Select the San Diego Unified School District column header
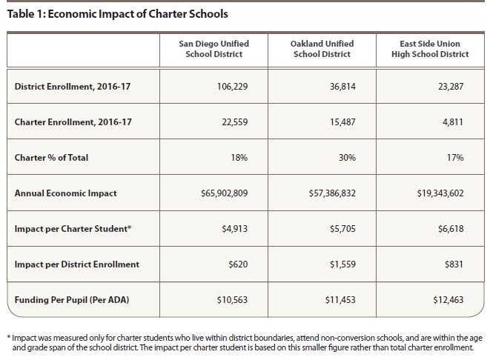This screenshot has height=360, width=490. coord(213,49)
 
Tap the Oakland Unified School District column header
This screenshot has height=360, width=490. coord(322,49)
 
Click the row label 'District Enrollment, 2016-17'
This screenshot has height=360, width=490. coord(73,87)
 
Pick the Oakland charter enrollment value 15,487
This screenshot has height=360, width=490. coord(342,122)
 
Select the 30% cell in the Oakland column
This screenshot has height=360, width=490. coord(347,158)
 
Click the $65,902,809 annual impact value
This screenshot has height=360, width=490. coord(224,193)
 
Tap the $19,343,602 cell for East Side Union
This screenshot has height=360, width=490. coord(441,193)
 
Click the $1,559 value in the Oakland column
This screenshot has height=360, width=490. coord(341,264)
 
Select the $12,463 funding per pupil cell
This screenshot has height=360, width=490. coord(447,299)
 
